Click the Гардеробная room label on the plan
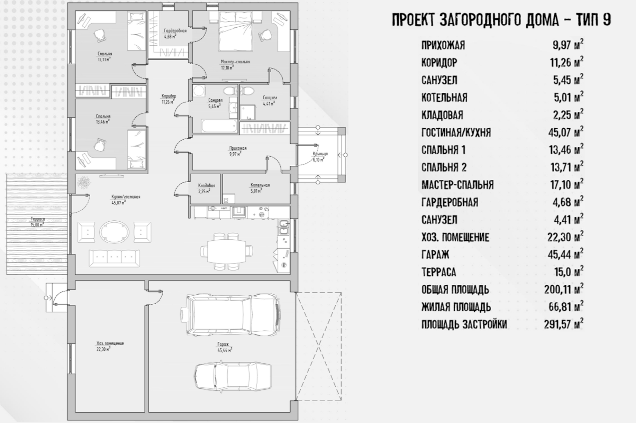175,31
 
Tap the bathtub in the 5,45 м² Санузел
219,126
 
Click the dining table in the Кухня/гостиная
227,251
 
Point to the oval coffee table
114,232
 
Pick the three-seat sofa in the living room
115,258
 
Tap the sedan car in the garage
232,377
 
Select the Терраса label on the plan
38,219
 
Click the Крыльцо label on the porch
320,154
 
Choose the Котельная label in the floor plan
260,185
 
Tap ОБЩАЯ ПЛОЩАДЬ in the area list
455,289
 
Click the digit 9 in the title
607,20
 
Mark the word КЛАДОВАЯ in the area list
442,115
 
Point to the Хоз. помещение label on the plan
110,343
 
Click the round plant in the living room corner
83,183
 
